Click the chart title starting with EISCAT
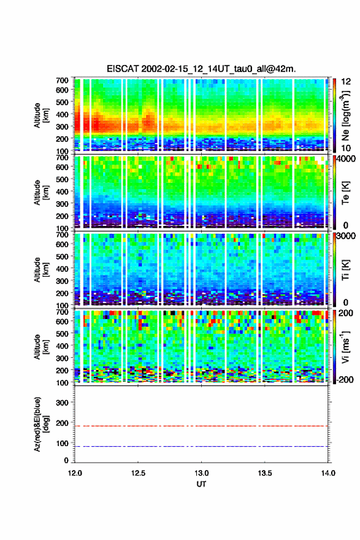(x=201, y=69)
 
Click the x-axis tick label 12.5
(x=138, y=473)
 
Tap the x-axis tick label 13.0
(x=201, y=473)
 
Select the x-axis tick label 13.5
(x=265, y=473)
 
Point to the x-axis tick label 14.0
(x=328, y=473)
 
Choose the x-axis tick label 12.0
(x=75, y=473)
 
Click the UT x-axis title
(x=201, y=484)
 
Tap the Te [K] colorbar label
(x=345, y=193)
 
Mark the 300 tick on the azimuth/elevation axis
(x=63, y=403)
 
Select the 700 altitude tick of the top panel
(x=63, y=80)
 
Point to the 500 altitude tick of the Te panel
(x=63, y=179)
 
